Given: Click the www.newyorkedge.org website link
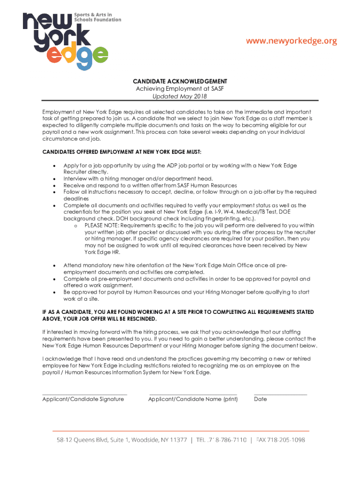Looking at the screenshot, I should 292,41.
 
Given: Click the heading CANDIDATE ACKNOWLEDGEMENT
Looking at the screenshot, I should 180,81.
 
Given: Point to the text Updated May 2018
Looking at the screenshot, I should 180,97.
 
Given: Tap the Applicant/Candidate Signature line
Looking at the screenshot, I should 85,394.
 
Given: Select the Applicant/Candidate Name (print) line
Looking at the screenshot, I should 193,394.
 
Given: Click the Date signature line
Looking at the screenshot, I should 281,394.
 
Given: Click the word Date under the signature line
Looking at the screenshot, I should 260,399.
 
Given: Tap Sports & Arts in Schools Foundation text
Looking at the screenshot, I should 97,17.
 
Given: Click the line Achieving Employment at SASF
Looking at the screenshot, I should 180,89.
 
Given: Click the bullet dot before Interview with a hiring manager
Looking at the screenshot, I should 55,179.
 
